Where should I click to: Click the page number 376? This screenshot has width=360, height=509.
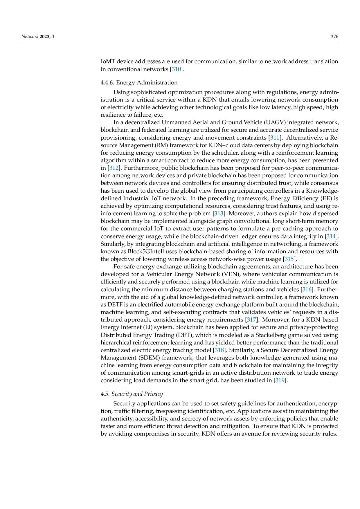[x=334, y=37]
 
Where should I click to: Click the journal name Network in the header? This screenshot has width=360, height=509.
[x=30, y=37]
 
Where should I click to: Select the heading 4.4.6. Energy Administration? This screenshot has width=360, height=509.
[x=139, y=83]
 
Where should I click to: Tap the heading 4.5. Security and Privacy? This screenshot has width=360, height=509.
[x=132, y=394]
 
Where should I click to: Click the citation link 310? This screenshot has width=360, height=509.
[x=177, y=69]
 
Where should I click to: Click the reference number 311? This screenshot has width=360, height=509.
[x=275, y=138]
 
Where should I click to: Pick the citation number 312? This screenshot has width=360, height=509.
[x=114, y=168]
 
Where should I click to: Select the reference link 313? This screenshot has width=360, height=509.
[x=219, y=214]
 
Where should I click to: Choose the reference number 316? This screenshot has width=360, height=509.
[x=307, y=289]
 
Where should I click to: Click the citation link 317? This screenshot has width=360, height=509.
[x=251, y=320]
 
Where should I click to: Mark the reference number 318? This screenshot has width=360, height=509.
[x=219, y=350]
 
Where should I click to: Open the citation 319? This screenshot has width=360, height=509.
[x=280, y=380]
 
